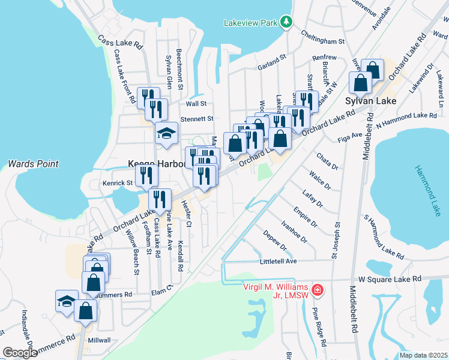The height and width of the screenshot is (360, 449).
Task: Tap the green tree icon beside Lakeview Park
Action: pos(287,22)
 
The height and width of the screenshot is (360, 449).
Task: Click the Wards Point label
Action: pos(33,163)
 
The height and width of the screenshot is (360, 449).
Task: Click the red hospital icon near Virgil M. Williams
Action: pos(316,291)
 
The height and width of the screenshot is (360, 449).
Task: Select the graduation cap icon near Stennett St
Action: pos(166,133)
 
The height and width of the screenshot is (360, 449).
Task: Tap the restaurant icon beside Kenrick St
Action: pos(146,175)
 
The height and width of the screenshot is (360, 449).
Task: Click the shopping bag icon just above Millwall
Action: pos(86,310)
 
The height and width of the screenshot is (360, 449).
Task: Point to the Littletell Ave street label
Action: pos(278,262)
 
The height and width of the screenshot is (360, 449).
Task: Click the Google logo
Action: pos(20,353)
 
